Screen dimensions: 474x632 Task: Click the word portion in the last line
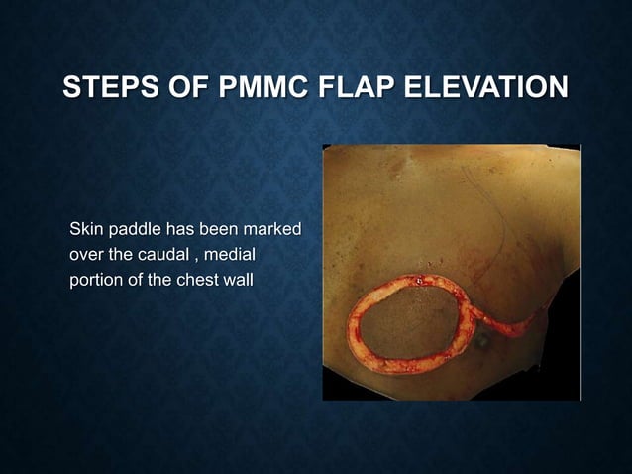94,279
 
